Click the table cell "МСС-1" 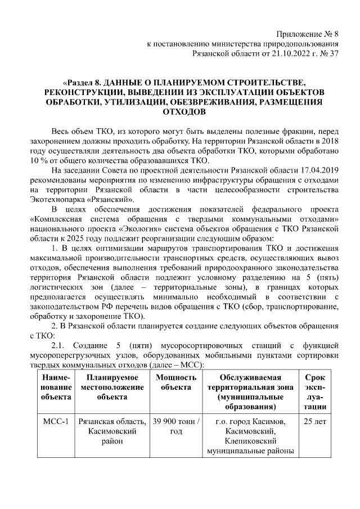(x=56, y=421)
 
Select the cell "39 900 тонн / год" (x=176, y=426)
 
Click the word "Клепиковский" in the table (x=250, y=442)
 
